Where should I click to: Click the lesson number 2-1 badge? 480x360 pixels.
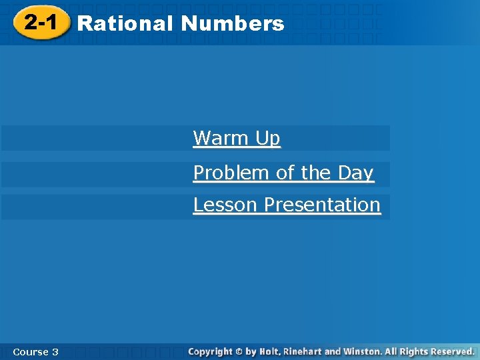[x=40, y=23]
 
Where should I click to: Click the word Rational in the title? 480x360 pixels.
[x=125, y=24]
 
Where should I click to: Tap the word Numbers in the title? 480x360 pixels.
[x=232, y=24]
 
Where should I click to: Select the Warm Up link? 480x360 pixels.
[x=237, y=138]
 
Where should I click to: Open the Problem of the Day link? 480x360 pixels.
[x=283, y=173]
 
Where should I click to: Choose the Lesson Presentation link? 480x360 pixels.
[x=287, y=205]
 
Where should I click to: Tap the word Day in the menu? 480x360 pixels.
[x=355, y=173]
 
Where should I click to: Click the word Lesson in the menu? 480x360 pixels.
[x=225, y=205]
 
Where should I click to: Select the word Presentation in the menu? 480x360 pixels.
[x=322, y=205]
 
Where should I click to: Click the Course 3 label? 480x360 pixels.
[x=35, y=351]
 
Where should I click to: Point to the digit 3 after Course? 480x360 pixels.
[x=55, y=351]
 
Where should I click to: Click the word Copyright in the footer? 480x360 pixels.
[x=210, y=351]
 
